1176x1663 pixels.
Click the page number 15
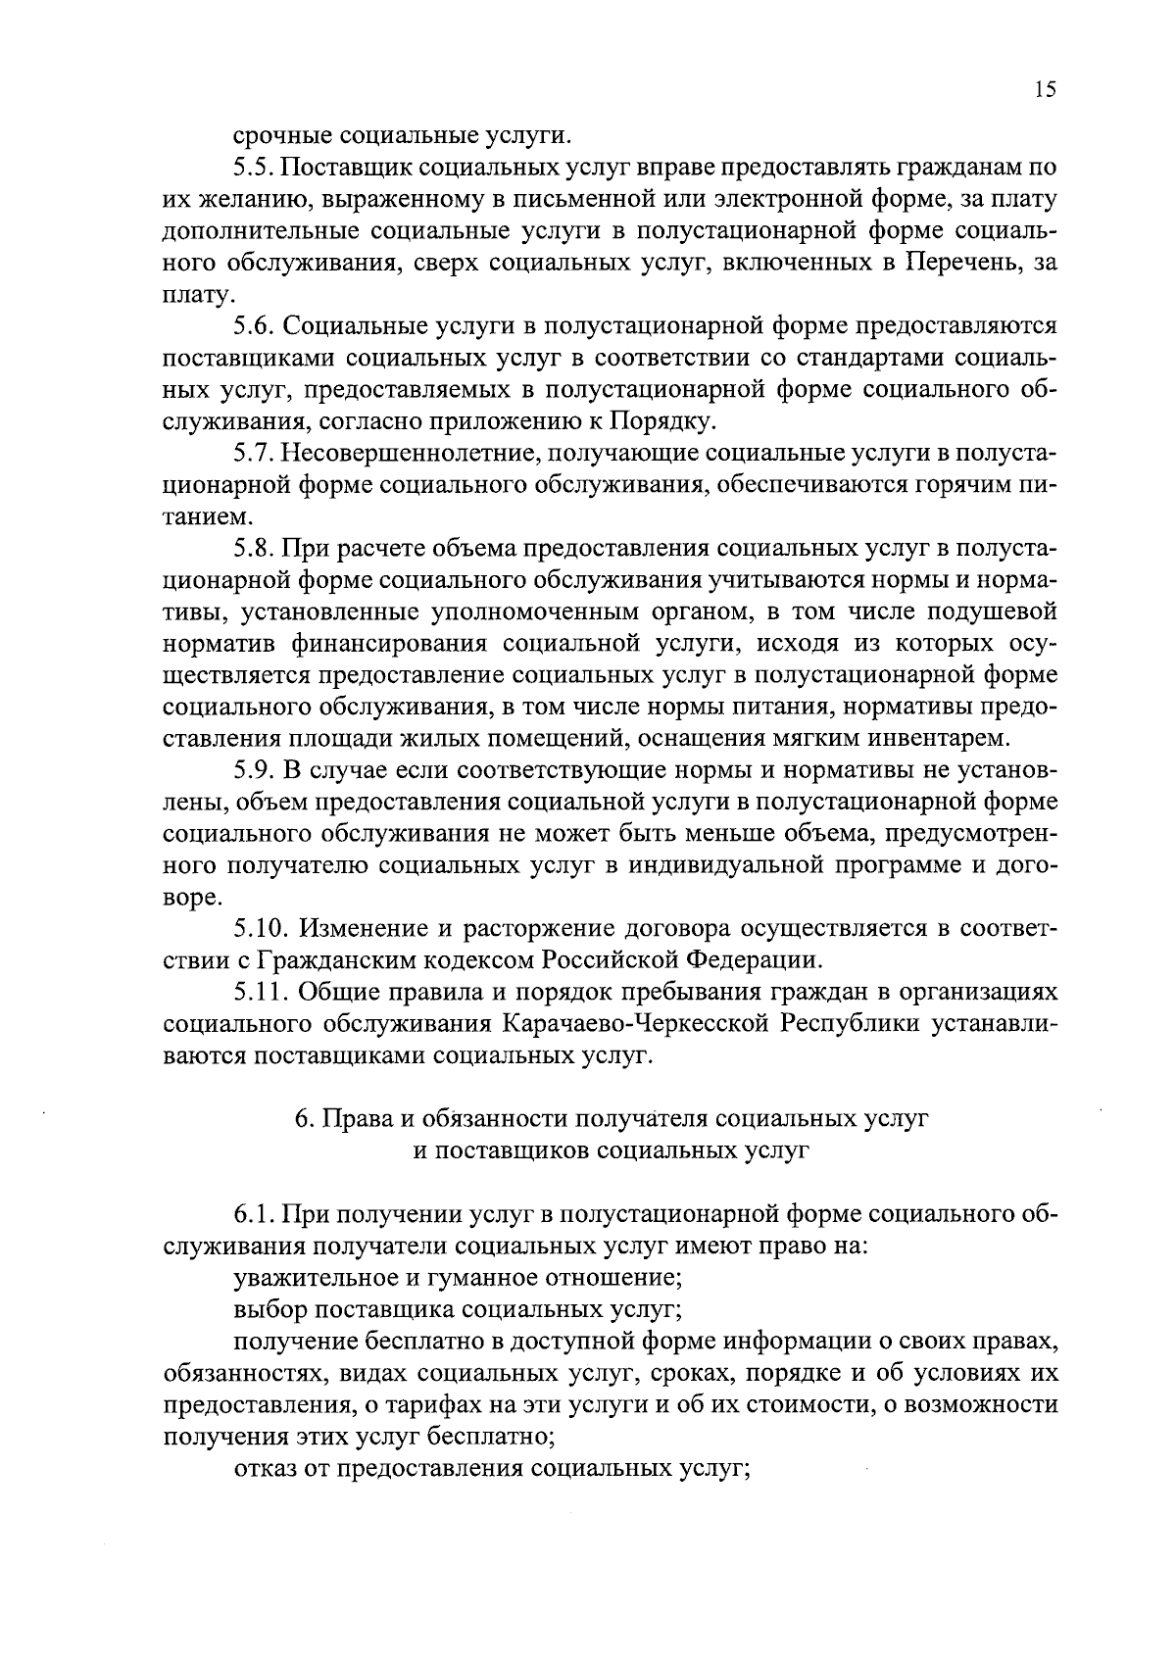click(x=1044, y=90)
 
